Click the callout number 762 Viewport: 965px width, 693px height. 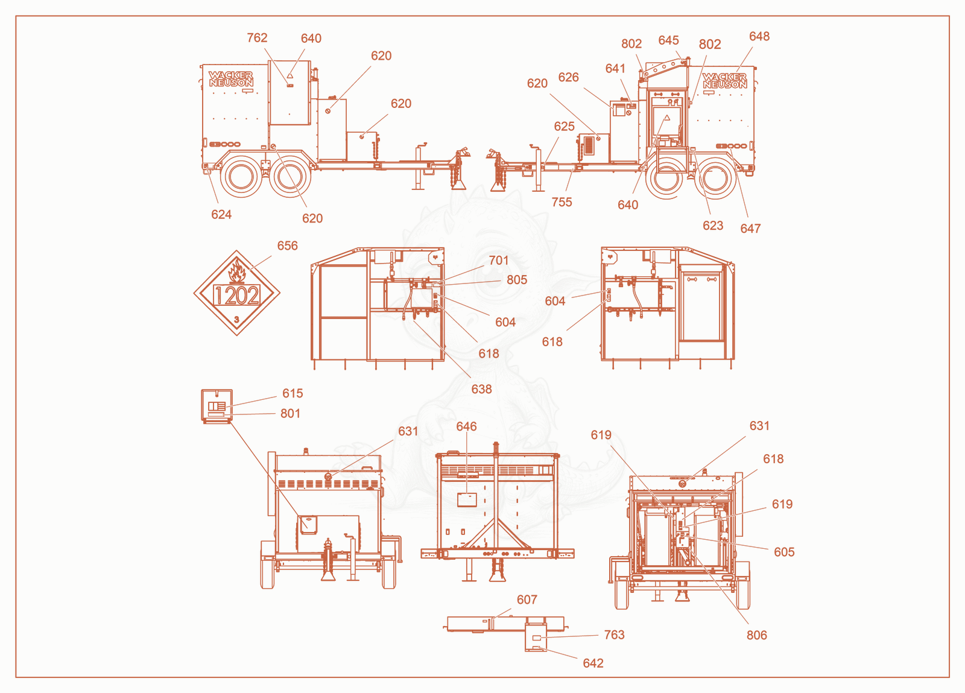(x=257, y=38)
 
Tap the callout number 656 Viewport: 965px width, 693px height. (x=287, y=245)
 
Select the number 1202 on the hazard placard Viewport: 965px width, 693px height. (x=236, y=296)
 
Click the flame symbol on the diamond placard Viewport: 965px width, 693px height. (x=237, y=271)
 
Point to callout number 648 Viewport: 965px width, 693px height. (x=759, y=36)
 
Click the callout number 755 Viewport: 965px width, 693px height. (x=562, y=202)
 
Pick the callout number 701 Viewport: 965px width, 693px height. (x=499, y=260)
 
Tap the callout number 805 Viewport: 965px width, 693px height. (x=517, y=279)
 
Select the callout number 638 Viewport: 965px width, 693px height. (x=482, y=389)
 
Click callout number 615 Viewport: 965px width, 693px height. (x=293, y=393)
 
